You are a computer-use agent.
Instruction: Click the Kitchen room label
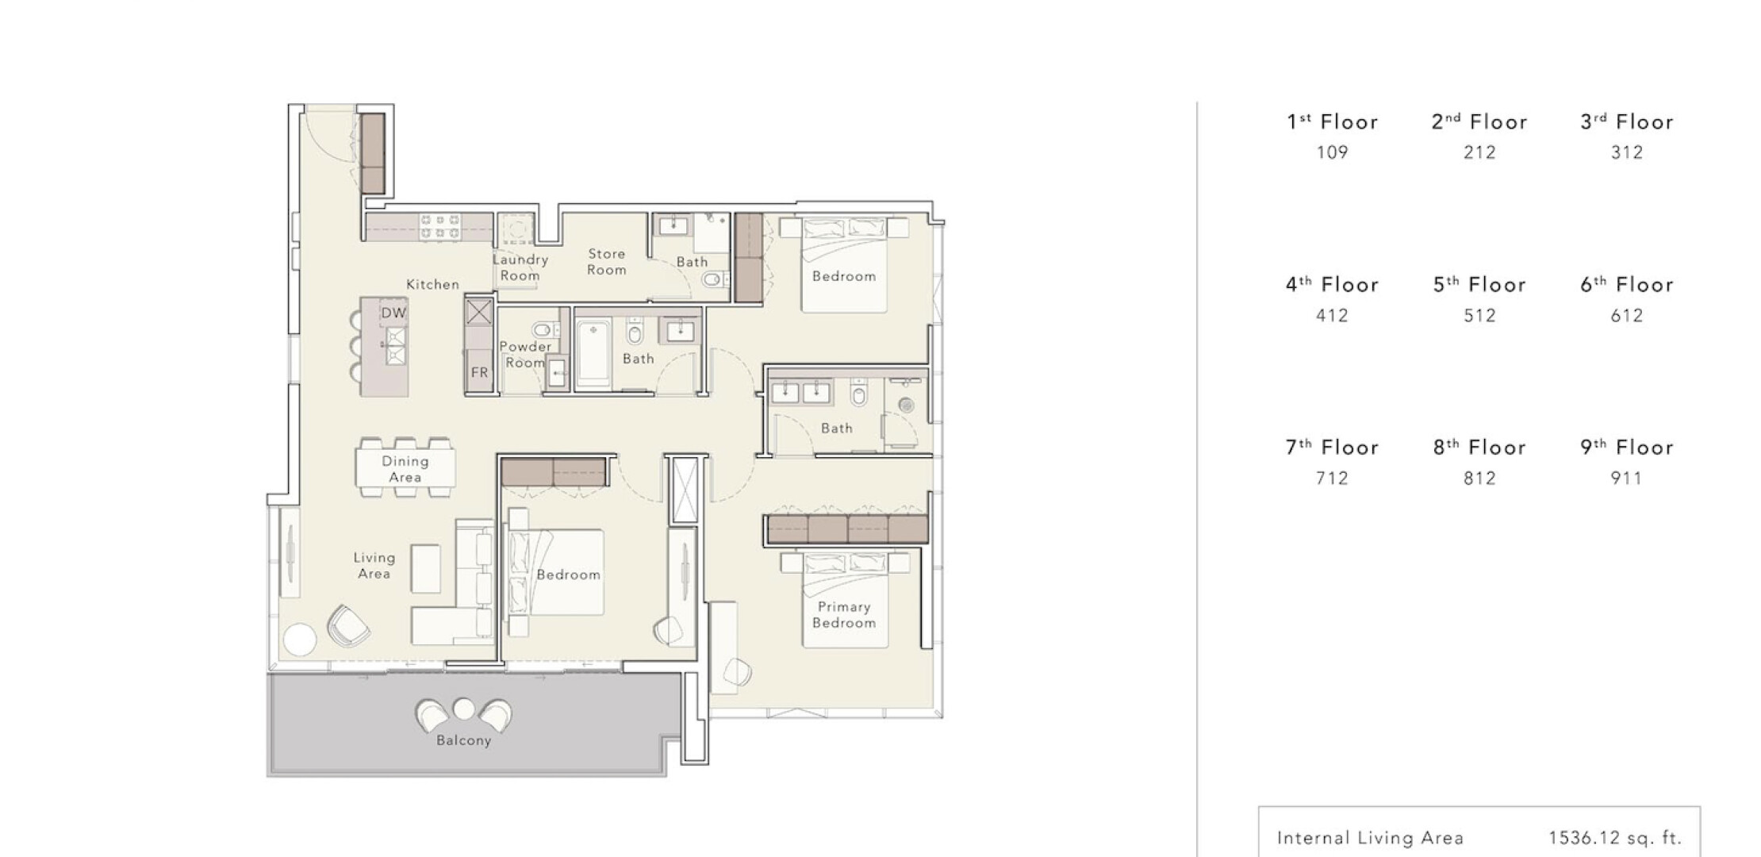[x=432, y=284]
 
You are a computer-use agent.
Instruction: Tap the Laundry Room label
[x=520, y=267]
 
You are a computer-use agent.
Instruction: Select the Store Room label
[x=607, y=262]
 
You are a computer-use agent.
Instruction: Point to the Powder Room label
[x=525, y=355]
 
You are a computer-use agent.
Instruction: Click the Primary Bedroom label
[x=844, y=615]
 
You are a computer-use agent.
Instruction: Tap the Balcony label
[x=464, y=740]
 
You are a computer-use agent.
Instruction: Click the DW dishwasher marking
[x=393, y=313]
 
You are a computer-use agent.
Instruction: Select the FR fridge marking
[x=479, y=372]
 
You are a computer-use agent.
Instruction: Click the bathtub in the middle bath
[x=593, y=353]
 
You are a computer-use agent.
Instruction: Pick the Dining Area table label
[x=405, y=469]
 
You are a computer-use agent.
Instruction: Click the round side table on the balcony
[x=463, y=708]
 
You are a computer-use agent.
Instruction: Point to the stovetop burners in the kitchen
[x=439, y=227]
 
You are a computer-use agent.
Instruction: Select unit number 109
[x=1333, y=152]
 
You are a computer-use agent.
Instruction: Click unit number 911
[x=1626, y=478]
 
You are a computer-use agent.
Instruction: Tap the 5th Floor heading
[x=1479, y=285]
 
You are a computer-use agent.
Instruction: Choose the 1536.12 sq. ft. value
[x=1615, y=838]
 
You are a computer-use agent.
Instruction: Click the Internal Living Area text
[x=1370, y=838]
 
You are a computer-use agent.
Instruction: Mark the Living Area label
[x=374, y=566]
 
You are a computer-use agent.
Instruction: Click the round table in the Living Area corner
[x=300, y=640]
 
